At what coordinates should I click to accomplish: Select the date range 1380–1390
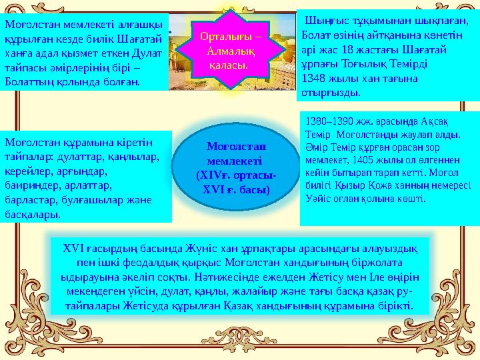(329, 121)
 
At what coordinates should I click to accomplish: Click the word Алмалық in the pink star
(230, 51)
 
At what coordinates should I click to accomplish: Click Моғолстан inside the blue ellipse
(236, 146)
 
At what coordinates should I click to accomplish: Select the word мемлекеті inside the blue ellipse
(235, 161)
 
